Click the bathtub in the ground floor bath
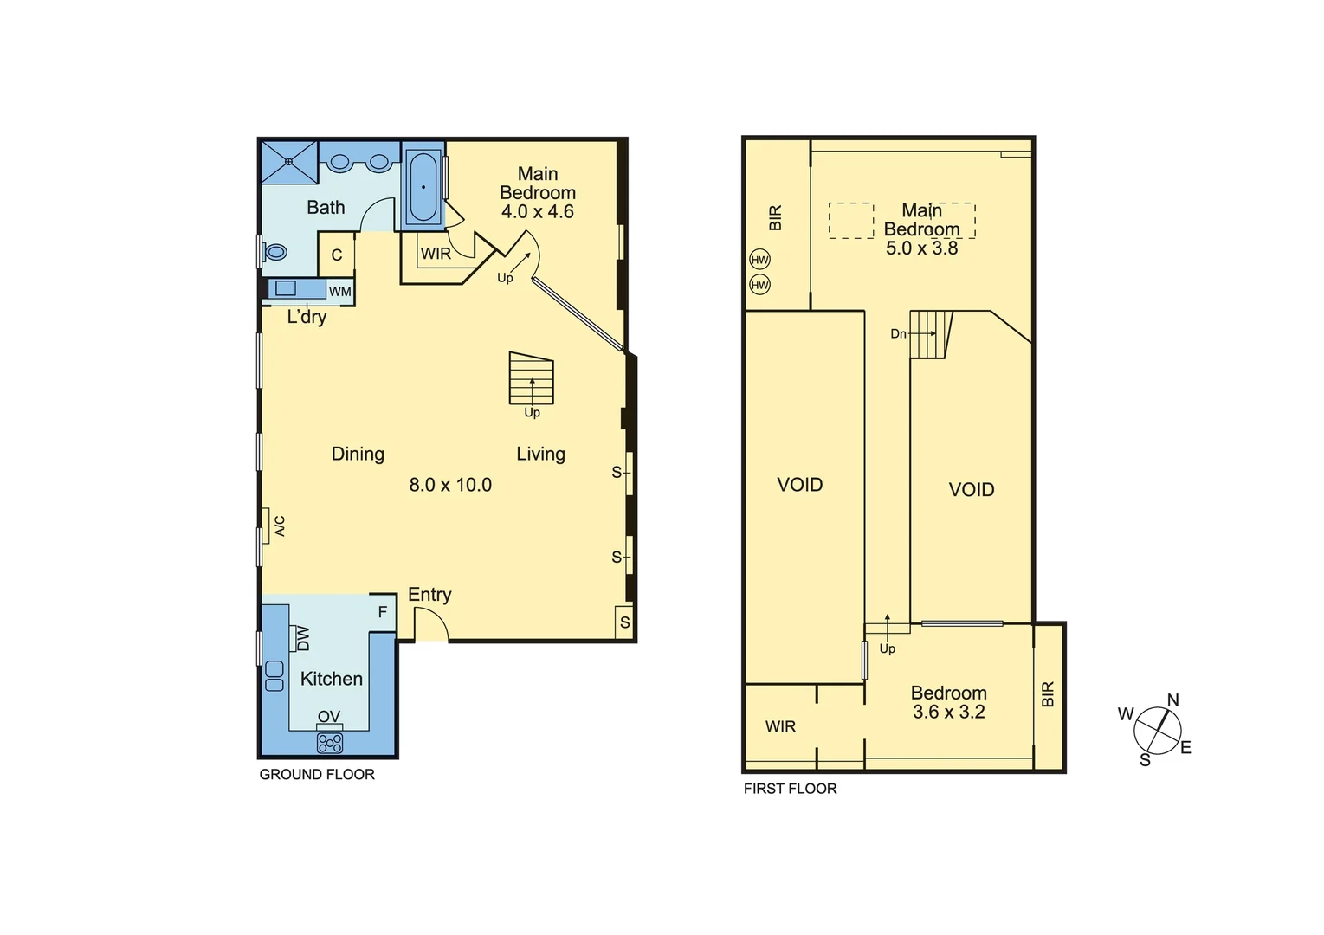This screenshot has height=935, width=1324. click(423, 186)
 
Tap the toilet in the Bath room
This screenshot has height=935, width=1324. click(275, 252)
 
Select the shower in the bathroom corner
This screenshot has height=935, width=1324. click(289, 162)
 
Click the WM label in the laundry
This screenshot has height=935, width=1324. click(339, 292)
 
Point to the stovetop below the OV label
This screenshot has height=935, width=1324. click(330, 742)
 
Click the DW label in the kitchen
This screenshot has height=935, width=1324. click(302, 639)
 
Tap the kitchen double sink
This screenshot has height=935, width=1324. click(274, 675)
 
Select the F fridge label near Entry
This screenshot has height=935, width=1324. click(382, 613)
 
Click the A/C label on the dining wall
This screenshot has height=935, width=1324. click(280, 526)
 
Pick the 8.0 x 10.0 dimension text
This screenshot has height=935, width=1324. click(450, 485)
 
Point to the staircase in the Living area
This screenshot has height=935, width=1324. click(531, 379)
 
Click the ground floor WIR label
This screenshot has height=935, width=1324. click(436, 254)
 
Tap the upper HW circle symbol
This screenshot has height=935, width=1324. click(759, 260)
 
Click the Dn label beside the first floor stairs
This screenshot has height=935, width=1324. click(898, 333)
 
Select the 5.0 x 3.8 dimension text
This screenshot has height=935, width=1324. click(921, 248)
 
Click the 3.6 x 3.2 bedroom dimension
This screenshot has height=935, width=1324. click(948, 713)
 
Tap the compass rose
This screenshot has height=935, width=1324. click(1157, 730)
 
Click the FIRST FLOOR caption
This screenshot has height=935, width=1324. click(790, 789)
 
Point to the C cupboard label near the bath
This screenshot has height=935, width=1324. click(337, 255)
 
